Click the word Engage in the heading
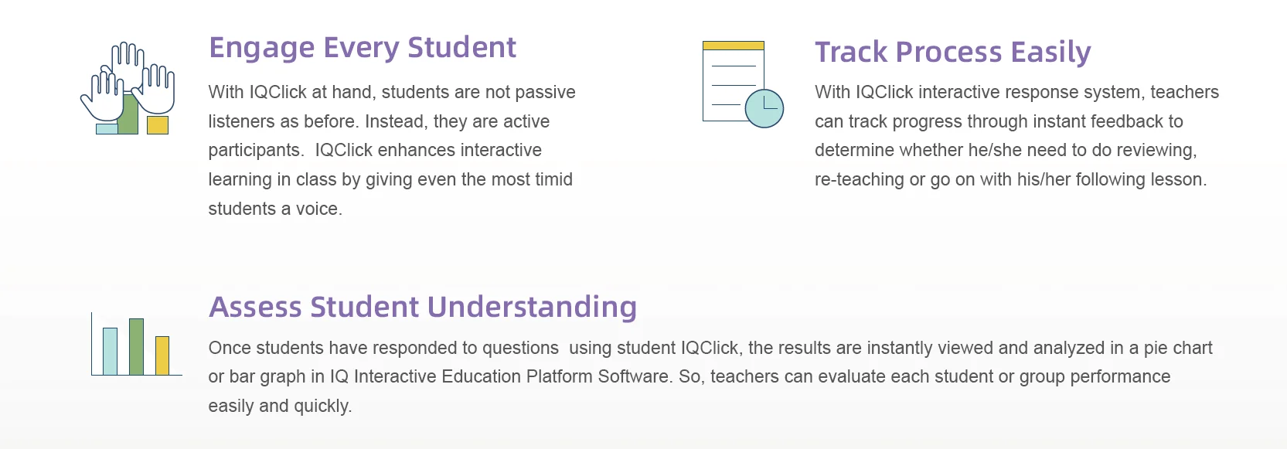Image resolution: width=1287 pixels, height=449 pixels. coord(262,48)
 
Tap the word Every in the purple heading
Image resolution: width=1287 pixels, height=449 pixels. coord(362,48)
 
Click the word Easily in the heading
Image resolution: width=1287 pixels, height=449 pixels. coord(1051,53)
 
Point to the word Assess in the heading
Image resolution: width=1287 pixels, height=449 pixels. coord(255,307)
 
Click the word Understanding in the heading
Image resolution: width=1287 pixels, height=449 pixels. coord(532,308)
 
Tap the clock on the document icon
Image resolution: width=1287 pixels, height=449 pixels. coord(764,108)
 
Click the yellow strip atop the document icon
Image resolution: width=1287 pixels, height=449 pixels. coord(734,46)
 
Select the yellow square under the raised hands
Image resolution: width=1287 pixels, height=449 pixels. coord(158,125)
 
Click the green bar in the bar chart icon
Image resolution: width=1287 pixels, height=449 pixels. coord(136,347)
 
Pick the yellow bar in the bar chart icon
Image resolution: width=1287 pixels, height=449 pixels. coord(162,355)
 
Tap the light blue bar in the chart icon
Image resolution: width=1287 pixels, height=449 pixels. coord(111,352)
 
